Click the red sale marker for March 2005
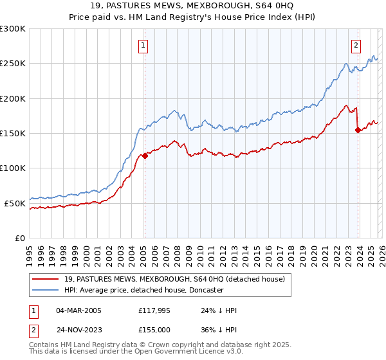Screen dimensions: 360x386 (x=145, y=155)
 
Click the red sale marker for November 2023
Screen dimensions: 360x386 (x=358, y=130)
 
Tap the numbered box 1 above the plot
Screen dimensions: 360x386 (x=142, y=45)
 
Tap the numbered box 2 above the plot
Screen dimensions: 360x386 (x=355, y=45)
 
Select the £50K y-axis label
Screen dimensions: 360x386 (x=15, y=203)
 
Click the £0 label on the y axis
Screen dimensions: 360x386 (x=19, y=238)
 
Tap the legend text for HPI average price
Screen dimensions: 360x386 (x=143, y=290)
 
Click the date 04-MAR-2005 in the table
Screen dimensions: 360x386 (x=78, y=310)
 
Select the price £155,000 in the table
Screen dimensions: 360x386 (x=155, y=329)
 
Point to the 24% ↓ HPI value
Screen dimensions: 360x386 (x=219, y=310)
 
